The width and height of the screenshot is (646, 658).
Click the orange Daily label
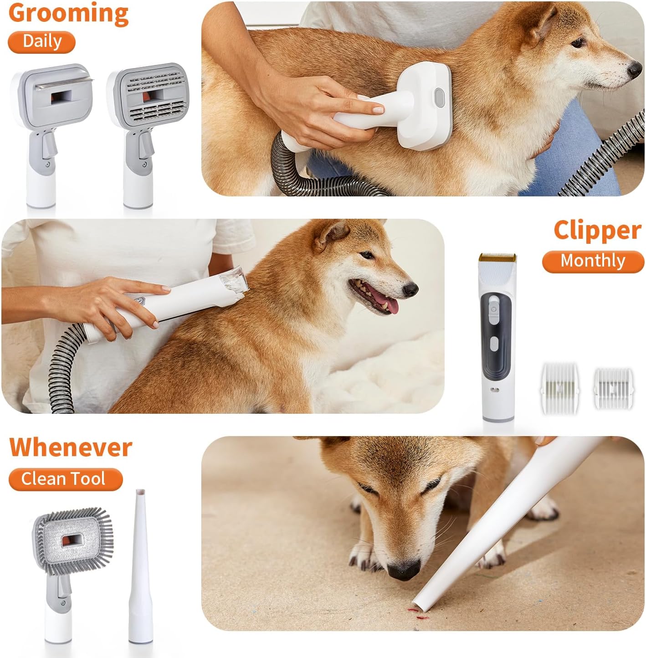(41, 41)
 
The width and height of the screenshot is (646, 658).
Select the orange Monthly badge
(593, 261)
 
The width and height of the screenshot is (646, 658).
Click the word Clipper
(597, 231)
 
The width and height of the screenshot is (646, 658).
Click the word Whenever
(71, 447)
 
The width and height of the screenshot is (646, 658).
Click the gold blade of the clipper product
(497, 258)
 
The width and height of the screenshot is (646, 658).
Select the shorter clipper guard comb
(612, 388)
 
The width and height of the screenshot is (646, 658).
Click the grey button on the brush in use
(439, 96)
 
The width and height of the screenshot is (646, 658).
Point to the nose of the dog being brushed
(634, 70)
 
